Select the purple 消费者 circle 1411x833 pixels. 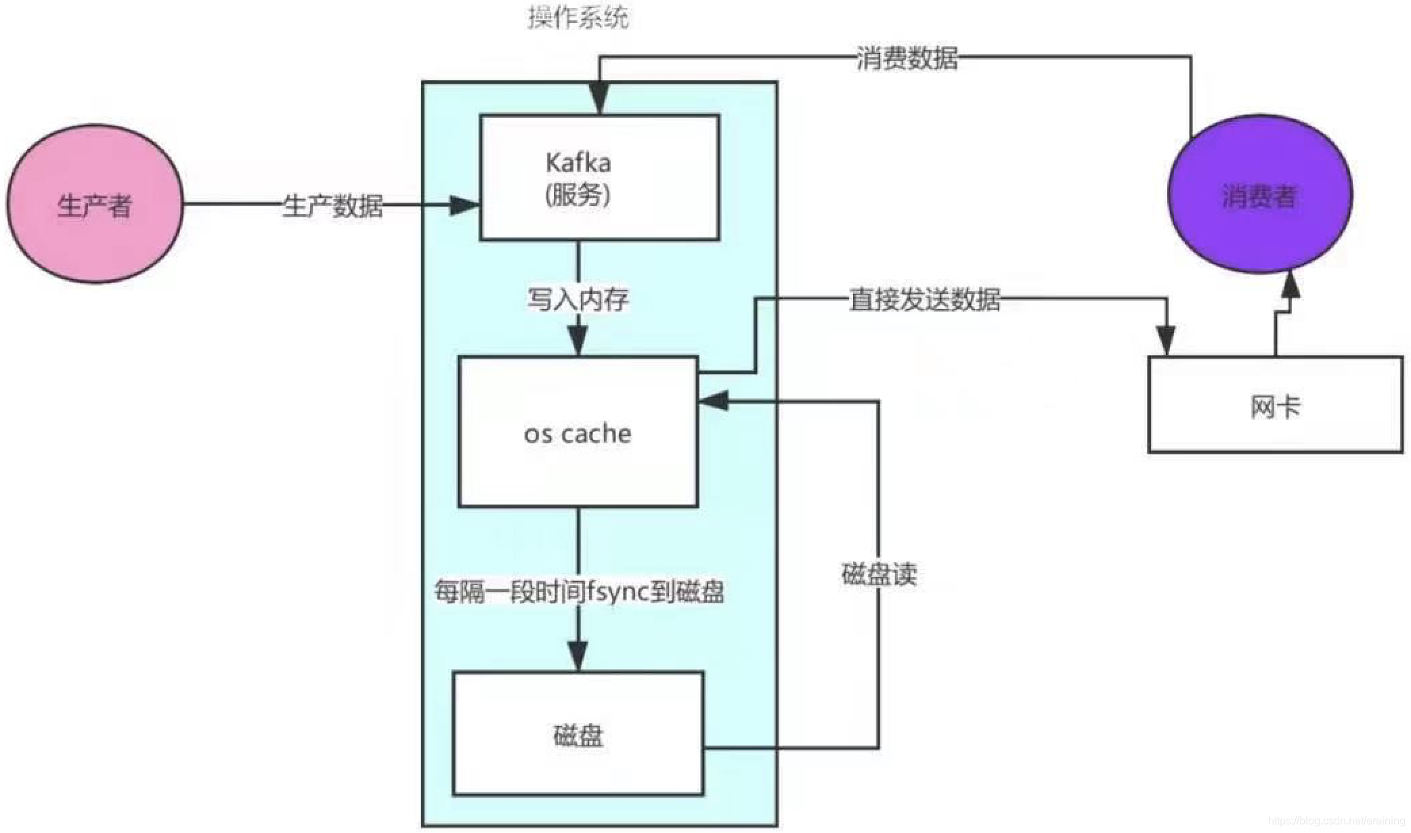pos(1259,195)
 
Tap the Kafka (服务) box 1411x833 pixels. pos(599,177)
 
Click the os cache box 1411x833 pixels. pos(578,432)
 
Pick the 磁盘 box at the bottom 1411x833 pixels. pos(578,734)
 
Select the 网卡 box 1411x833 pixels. pos(1275,405)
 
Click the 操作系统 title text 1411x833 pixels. pos(578,18)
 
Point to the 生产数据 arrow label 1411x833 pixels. pos(332,205)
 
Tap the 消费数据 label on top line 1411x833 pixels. pos(907,58)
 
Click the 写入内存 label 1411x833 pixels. pos(578,299)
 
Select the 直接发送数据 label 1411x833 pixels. pos(924,299)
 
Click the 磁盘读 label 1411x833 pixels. pos(878,574)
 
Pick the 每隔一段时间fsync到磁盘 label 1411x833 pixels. pos(579,592)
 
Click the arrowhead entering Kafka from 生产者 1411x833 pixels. pos(465,205)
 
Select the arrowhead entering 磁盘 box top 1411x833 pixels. pos(578,654)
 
